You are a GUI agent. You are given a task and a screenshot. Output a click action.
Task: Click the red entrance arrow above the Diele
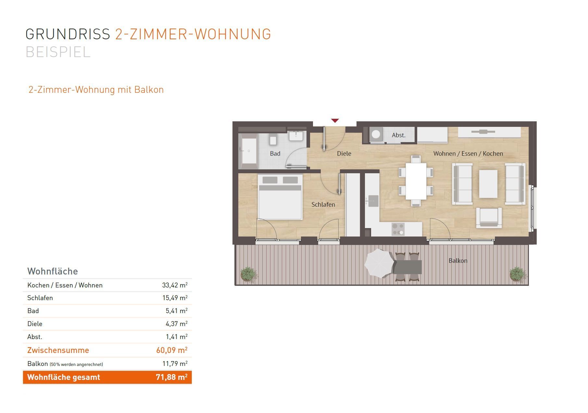[335, 121]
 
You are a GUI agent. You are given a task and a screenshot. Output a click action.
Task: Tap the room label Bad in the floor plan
[275, 154]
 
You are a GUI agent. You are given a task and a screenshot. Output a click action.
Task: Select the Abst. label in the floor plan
[399, 135]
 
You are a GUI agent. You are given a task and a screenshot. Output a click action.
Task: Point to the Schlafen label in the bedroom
[323, 205]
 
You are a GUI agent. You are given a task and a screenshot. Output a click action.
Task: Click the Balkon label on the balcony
[458, 261]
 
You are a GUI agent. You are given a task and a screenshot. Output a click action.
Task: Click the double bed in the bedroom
[280, 197]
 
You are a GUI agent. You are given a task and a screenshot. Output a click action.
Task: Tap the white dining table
[416, 181]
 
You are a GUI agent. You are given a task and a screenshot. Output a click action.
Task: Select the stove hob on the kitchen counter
[398, 229]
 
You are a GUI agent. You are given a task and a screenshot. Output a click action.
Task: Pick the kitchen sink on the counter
[373, 201]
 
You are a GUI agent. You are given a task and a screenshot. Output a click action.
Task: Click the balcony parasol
[379, 263]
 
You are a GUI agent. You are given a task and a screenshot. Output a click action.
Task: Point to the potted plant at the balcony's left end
[248, 274]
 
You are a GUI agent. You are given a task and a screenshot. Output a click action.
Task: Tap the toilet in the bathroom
[273, 140]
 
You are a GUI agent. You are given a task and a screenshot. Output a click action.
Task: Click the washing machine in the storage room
[376, 134]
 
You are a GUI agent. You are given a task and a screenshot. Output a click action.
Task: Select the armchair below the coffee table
[489, 218]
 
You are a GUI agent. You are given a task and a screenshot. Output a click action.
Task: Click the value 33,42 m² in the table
[175, 285]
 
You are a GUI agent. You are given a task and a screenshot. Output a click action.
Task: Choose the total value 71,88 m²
[171, 377]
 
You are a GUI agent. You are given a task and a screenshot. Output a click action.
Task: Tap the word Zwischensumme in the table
[58, 350]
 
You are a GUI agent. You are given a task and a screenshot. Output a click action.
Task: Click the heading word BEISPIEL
[58, 52]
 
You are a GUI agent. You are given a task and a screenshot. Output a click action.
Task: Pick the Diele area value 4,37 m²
[177, 324]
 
